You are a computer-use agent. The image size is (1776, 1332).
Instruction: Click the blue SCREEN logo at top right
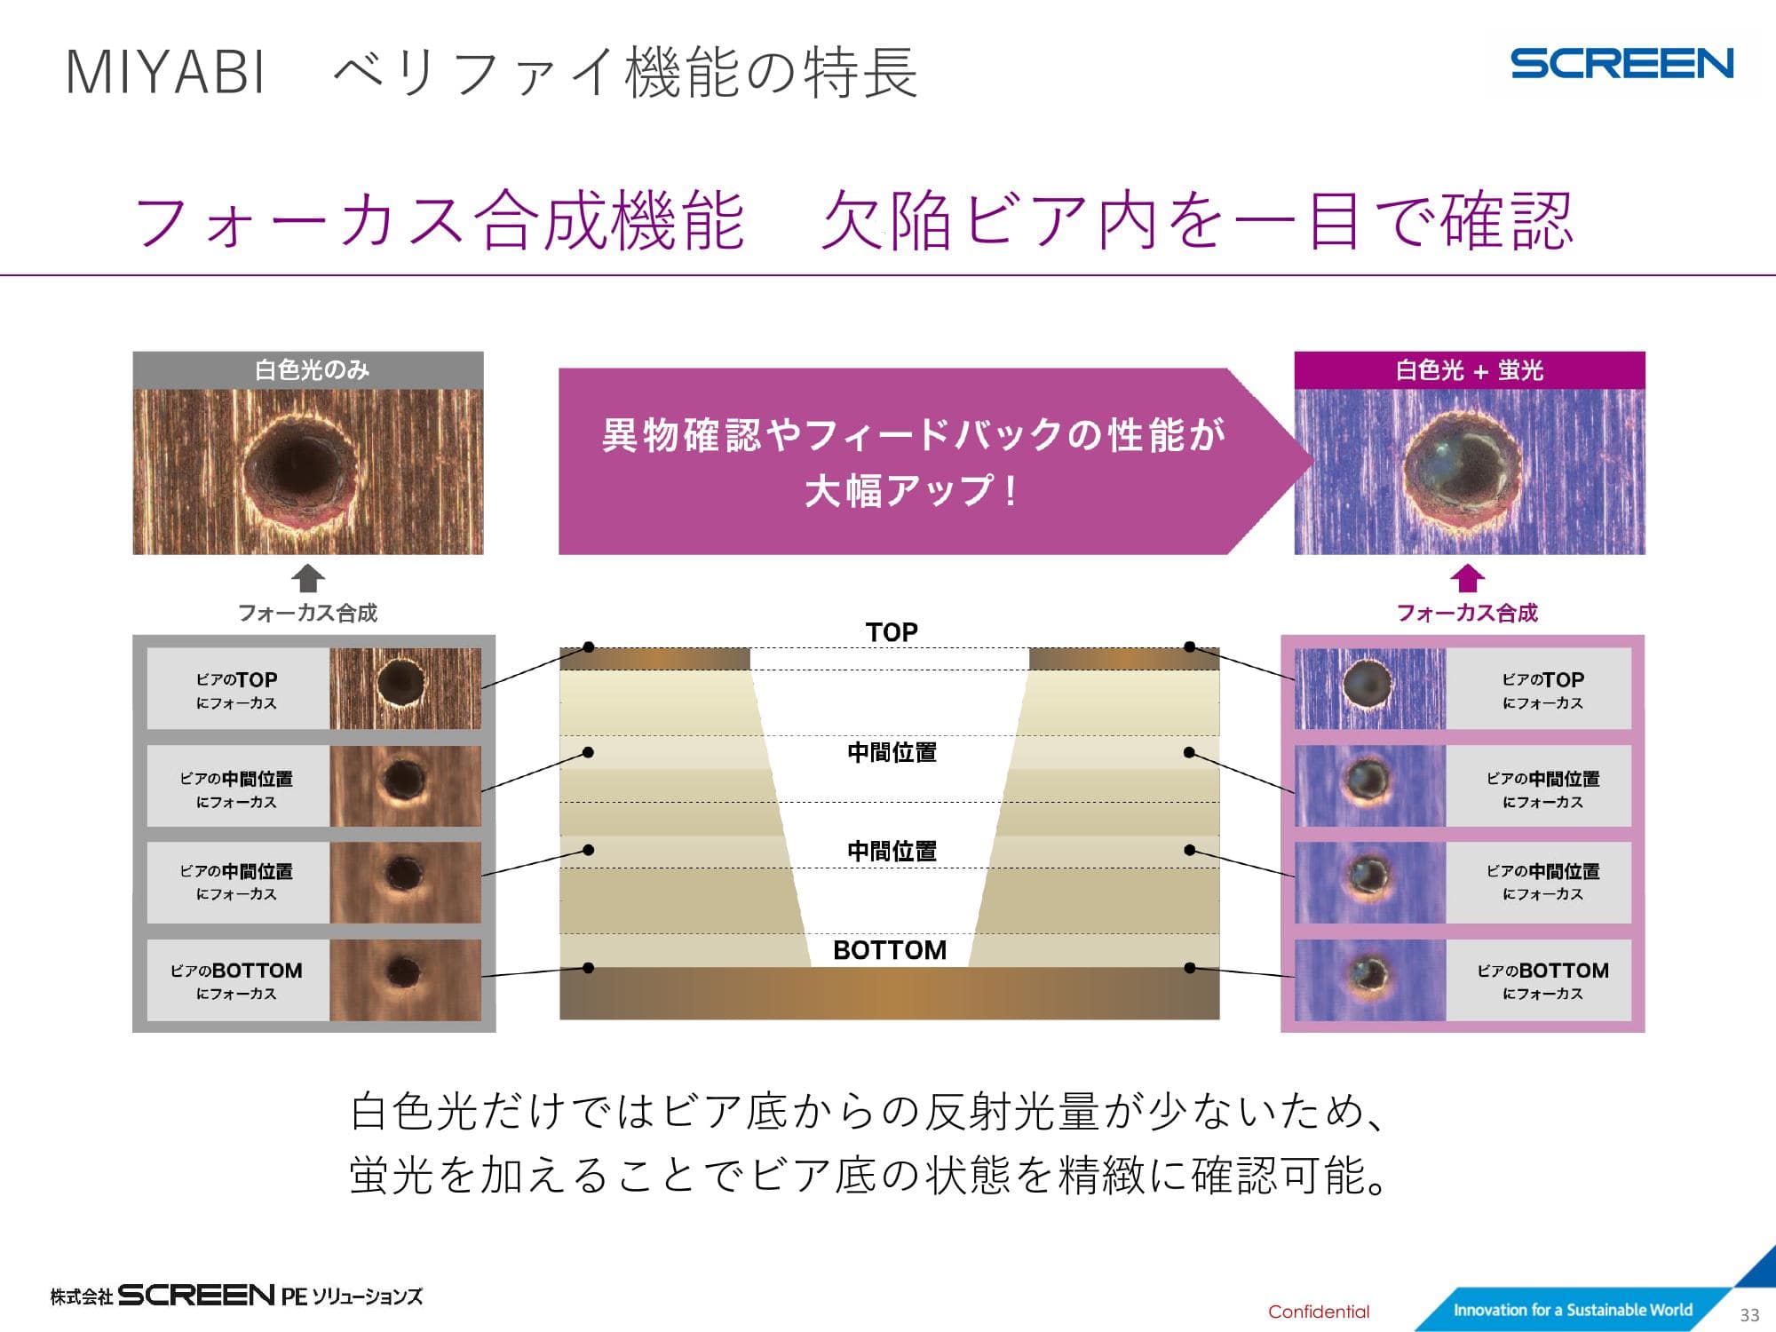pyautogui.click(x=1621, y=64)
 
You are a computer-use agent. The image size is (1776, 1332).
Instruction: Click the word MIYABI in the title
pyautogui.click(x=166, y=72)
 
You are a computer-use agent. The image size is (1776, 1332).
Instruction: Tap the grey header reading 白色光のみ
pyautogui.click(x=308, y=370)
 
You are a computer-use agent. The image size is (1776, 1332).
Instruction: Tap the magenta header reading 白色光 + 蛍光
pyautogui.click(x=1470, y=370)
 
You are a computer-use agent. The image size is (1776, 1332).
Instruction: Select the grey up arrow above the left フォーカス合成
pyautogui.click(x=308, y=578)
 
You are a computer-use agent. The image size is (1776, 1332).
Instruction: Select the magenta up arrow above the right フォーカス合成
pyautogui.click(x=1468, y=578)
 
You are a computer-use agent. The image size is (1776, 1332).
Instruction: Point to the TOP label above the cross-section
pyautogui.click(x=892, y=632)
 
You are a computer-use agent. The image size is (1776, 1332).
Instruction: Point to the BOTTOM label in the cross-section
pyautogui.click(x=890, y=950)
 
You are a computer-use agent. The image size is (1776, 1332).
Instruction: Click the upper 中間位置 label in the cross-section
pyautogui.click(x=892, y=752)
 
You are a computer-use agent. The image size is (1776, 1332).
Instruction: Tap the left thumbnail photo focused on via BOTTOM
pyautogui.click(x=405, y=980)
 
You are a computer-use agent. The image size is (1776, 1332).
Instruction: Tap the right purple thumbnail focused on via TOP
pyautogui.click(x=1370, y=689)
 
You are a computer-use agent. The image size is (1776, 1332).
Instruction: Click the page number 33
pyautogui.click(x=1749, y=1315)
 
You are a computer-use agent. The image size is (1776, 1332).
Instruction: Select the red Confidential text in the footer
pyautogui.click(x=1319, y=1312)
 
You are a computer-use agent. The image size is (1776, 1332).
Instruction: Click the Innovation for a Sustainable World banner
pyautogui.click(x=1573, y=1310)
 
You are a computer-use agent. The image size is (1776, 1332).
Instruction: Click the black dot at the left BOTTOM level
pyautogui.click(x=588, y=968)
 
